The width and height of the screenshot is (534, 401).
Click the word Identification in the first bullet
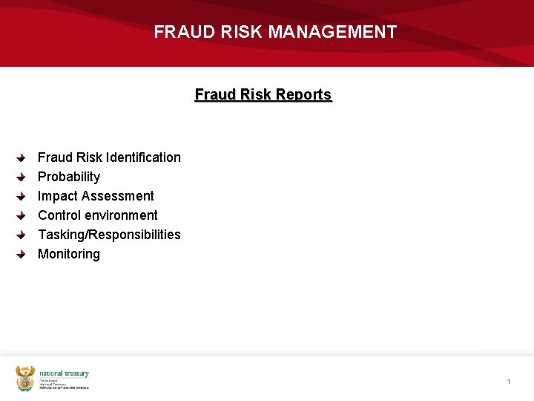(x=143, y=157)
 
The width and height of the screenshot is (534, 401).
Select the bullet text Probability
(x=68, y=177)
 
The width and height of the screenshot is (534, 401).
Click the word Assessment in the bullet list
(x=118, y=196)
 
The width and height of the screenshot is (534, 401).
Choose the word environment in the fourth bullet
(x=123, y=215)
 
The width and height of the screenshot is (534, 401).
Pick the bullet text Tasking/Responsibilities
(x=109, y=235)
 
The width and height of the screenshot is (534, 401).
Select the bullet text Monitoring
(x=68, y=254)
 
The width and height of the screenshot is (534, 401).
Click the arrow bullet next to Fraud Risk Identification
(x=22, y=158)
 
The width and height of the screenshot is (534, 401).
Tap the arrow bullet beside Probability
(x=22, y=177)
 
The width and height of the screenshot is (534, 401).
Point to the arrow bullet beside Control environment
(x=22, y=216)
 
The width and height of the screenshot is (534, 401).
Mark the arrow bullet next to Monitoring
(x=22, y=255)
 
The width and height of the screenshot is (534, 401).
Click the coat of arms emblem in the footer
(x=25, y=378)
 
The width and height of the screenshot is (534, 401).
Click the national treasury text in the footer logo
(x=64, y=374)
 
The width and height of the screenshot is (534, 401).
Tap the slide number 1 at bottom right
(x=509, y=382)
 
